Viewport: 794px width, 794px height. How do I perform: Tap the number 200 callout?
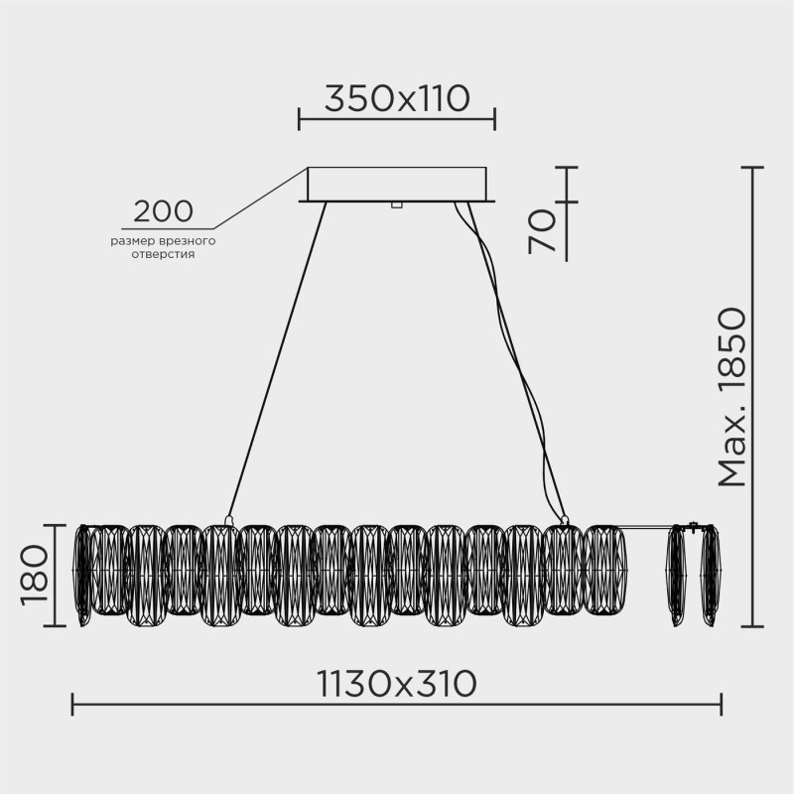coord(163,210)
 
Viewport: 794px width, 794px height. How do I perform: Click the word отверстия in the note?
coord(163,254)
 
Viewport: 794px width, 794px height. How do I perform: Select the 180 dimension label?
coord(35,576)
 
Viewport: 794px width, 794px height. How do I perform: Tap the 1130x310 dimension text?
coord(397,683)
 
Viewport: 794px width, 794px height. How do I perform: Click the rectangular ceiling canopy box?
coord(397,184)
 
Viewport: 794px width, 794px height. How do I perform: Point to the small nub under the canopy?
coord(396,205)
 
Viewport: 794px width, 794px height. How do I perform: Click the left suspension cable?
coord(278,357)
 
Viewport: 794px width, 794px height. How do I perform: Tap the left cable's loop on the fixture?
coord(228,518)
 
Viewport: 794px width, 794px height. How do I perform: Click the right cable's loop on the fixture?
coord(565,518)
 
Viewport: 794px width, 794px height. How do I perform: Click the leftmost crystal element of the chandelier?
coord(83,576)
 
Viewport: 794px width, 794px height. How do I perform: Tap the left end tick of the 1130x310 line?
coord(73,706)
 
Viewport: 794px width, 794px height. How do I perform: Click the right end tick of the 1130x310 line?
coord(721,706)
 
